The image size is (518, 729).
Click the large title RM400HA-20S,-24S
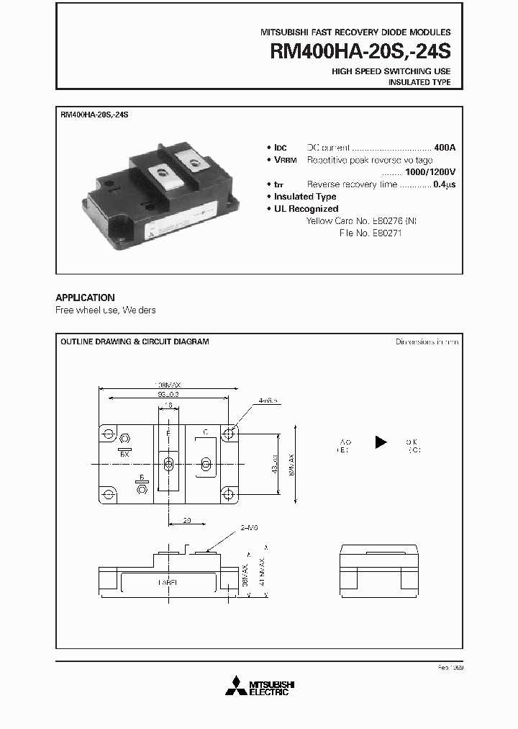tap(360, 51)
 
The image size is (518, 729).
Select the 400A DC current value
tap(445, 147)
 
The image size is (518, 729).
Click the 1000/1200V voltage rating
tap(430, 172)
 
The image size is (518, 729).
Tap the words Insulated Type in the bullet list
tap(305, 197)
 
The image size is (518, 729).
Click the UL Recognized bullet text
tap(306, 209)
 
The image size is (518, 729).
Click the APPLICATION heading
tap(85, 298)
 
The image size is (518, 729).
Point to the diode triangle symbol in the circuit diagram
tap(381, 442)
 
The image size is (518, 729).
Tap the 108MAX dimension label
tap(168, 384)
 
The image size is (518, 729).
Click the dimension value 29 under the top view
tap(186, 519)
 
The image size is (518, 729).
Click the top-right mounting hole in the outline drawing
tap(229, 434)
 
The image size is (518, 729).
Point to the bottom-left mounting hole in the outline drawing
tap(109, 494)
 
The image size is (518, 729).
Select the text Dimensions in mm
tap(427, 342)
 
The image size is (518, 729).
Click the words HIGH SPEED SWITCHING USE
tap(391, 71)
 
